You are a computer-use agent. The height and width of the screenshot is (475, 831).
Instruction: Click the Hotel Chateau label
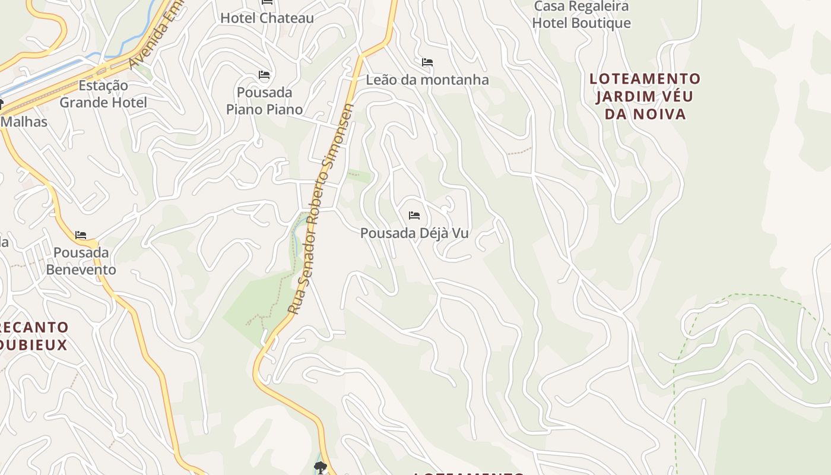point(267,18)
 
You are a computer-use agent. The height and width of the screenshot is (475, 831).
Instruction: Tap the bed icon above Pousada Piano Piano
point(264,75)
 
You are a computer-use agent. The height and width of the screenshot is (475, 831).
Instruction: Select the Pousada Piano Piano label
point(264,101)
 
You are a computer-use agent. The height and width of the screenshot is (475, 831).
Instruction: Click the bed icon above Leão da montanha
point(427,62)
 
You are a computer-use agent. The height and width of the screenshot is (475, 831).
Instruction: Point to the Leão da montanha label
point(427,80)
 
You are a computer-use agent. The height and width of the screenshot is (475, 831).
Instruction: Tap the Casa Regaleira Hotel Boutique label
point(581,15)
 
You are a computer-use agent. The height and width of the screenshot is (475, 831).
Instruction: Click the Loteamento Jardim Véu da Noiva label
point(645,96)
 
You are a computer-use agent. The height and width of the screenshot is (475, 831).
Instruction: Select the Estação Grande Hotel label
point(103,94)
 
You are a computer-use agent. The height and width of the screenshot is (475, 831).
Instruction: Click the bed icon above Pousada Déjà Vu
point(414,215)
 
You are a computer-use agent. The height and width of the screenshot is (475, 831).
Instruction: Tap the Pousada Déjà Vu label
point(414,233)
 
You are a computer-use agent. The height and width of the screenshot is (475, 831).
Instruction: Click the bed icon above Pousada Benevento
point(81,235)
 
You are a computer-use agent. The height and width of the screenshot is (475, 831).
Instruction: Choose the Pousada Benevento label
point(81,261)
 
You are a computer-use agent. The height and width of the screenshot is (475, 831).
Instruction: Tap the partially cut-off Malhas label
point(24,122)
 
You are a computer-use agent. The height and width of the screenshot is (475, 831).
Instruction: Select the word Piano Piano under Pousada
point(264,110)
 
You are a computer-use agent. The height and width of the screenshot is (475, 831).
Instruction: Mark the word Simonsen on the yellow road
point(342,134)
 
